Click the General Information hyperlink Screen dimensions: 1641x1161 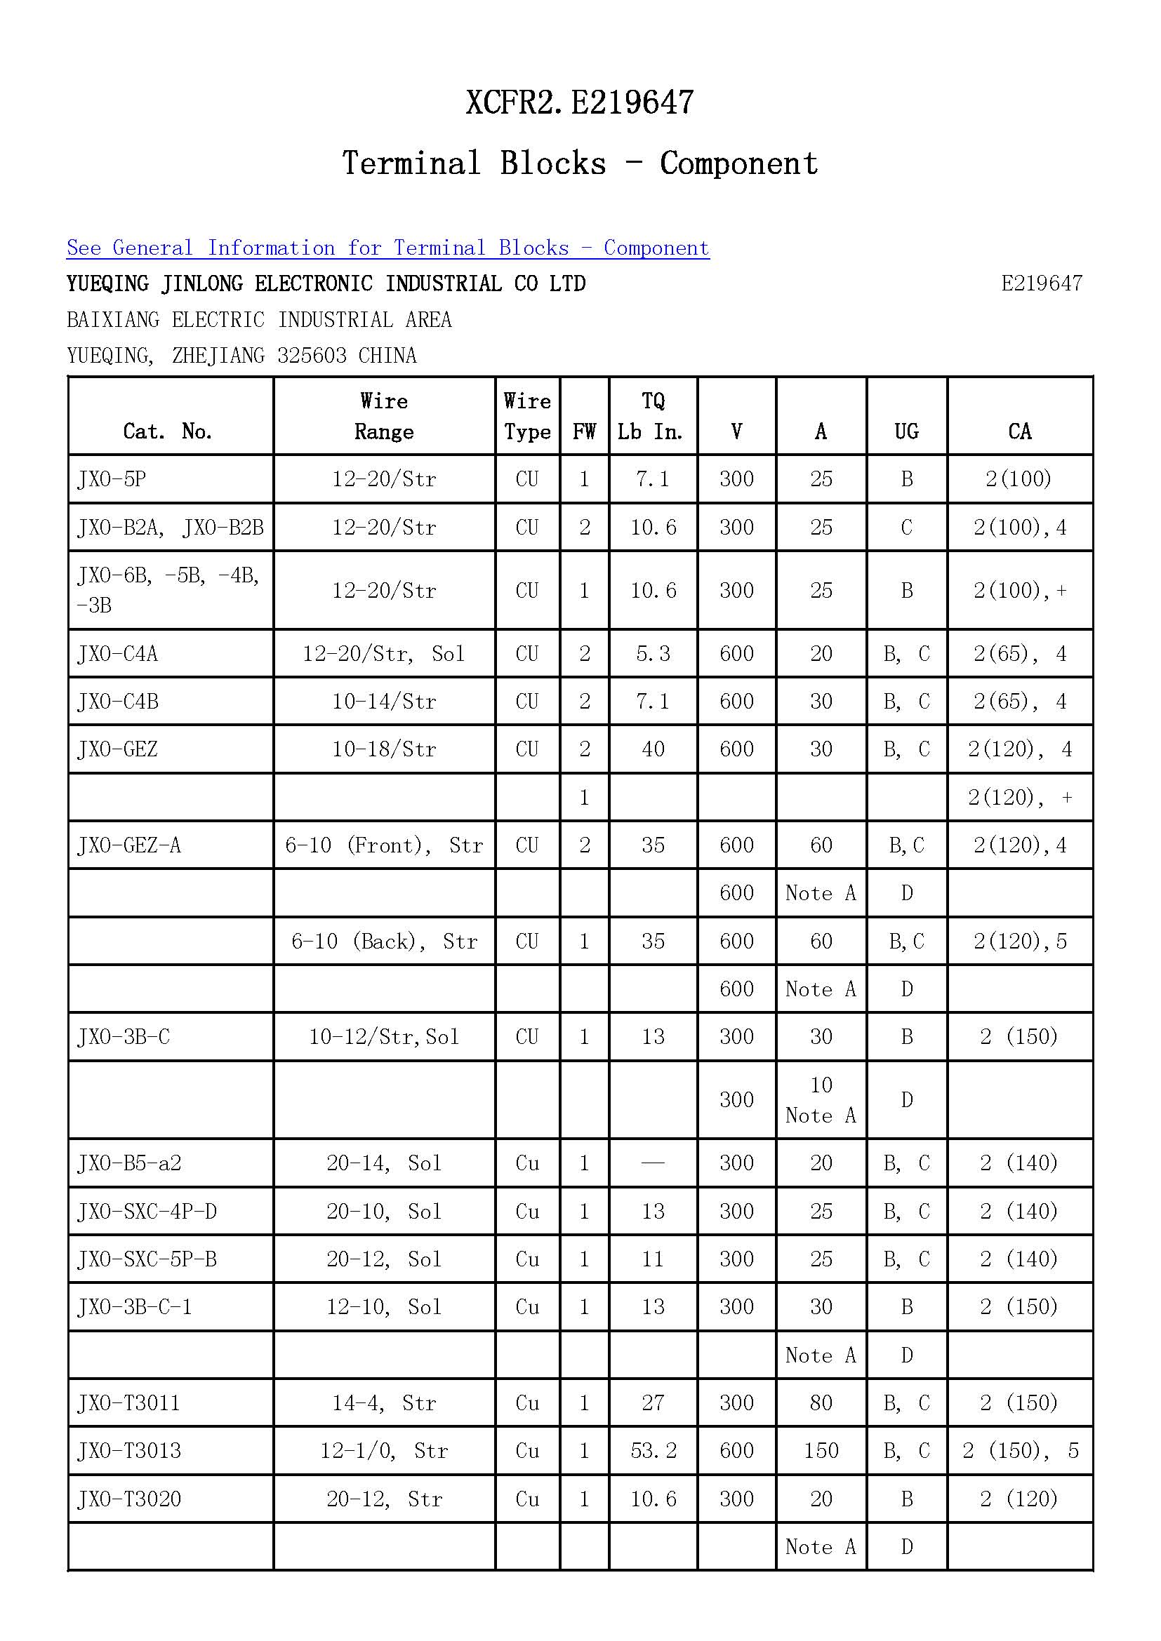(387, 248)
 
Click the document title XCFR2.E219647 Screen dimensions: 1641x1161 (579, 103)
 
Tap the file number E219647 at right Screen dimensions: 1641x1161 (1041, 283)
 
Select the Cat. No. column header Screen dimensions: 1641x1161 (168, 431)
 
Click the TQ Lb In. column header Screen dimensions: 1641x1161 (652, 416)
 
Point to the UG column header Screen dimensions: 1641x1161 (906, 431)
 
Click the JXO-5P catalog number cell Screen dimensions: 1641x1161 (112, 479)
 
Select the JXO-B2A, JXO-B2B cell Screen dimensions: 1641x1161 (170, 528)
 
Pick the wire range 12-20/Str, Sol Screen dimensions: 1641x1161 (384, 654)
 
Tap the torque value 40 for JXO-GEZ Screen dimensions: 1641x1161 (653, 749)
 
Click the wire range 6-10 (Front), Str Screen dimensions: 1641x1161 (384, 845)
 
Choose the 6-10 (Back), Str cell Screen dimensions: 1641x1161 (384, 942)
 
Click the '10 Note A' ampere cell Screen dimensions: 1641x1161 (821, 1100)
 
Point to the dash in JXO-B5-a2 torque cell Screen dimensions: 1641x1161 (653, 1163)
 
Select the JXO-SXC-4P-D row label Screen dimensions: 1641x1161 (147, 1212)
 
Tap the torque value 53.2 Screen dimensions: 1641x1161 (653, 1451)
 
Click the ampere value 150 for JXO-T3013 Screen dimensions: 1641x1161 (821, 1451)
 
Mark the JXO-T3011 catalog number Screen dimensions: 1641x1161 (129, 1403)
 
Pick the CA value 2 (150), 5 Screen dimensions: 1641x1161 (1020, 1451)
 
